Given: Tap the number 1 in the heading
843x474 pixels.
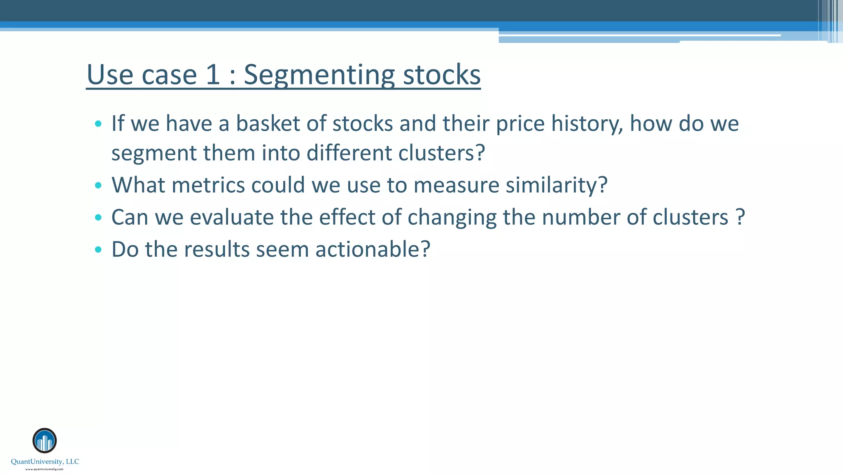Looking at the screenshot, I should click(x=213, y=75).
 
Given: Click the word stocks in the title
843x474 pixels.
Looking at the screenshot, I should click(x=442, y=75).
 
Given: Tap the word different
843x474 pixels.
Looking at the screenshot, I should click(x=349, y=153).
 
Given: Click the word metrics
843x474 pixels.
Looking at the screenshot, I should click(x=208, y=185).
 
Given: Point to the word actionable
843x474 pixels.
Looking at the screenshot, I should click(x=373, y=249).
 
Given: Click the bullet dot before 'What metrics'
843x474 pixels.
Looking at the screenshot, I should click(x=98, y=186).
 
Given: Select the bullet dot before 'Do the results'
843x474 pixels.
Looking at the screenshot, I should click(x=98, y=250).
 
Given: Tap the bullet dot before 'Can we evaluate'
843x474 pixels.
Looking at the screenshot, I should click(x=98, y=218).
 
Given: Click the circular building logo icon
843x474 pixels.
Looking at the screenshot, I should click(x=44, y=441).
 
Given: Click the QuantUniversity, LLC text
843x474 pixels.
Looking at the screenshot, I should click(x=45, y=462).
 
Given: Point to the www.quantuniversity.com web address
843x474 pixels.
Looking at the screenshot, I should click(x=44, y=469).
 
